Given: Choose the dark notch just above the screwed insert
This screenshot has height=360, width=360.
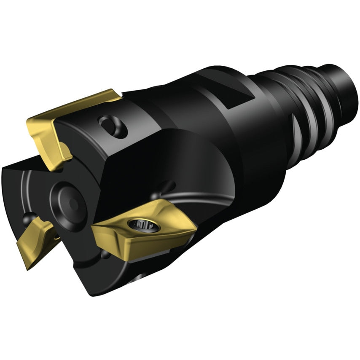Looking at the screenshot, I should (x=168, y=185).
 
